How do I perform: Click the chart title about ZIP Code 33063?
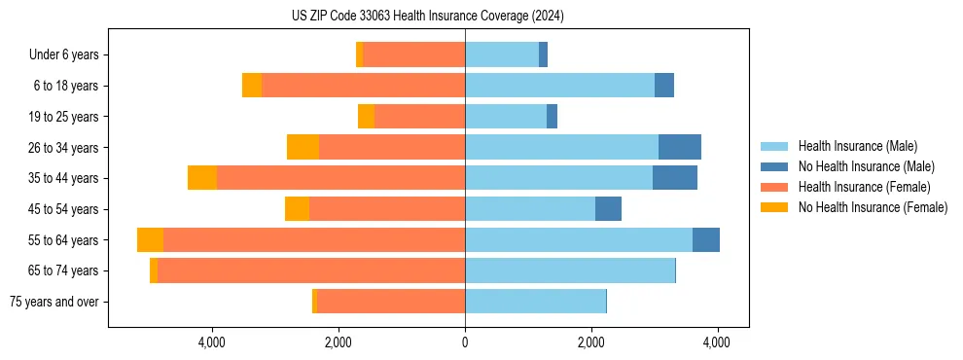428,16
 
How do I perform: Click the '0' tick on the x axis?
465,342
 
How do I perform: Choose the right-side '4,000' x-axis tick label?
717,342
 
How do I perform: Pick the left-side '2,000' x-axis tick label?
338,342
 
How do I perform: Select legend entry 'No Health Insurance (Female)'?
873,207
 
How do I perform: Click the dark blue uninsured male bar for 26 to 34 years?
679,147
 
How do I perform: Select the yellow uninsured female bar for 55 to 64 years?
150,240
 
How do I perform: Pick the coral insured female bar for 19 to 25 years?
419,117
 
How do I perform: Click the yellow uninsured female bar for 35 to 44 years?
202,178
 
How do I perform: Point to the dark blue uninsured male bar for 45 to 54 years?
608,209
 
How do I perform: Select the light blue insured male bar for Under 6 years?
502,55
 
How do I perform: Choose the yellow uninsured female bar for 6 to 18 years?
252,86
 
